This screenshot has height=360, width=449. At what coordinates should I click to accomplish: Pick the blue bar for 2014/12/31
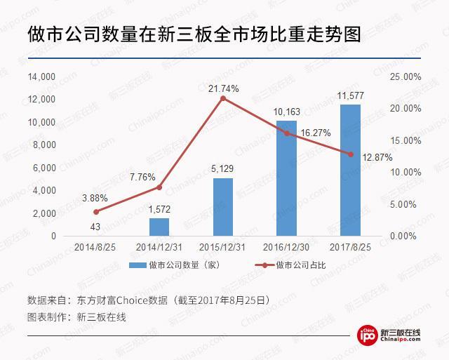pyautogui.click(x=159, y=227)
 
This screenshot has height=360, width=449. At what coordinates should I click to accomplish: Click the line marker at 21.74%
pyautogui.click(x=223, y=98)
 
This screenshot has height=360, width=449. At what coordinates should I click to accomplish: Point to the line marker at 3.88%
pyautogui.click(x=96, y=211)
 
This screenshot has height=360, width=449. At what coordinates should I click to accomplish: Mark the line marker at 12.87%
pyautogui.click(x=350, y=154)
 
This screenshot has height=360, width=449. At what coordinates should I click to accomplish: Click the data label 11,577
pyautogui.click(x=350, y=95)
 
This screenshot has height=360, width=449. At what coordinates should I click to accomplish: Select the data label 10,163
pyautogui.click(x=286, y=111)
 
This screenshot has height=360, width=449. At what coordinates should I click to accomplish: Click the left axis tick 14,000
pyautogui.click(x=43, y=76)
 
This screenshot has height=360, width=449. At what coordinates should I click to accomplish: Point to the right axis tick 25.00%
pyautogui.click(x=404, y=76)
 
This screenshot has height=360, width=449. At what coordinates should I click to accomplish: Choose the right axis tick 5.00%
pyautogui.click(x=404, y=204)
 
